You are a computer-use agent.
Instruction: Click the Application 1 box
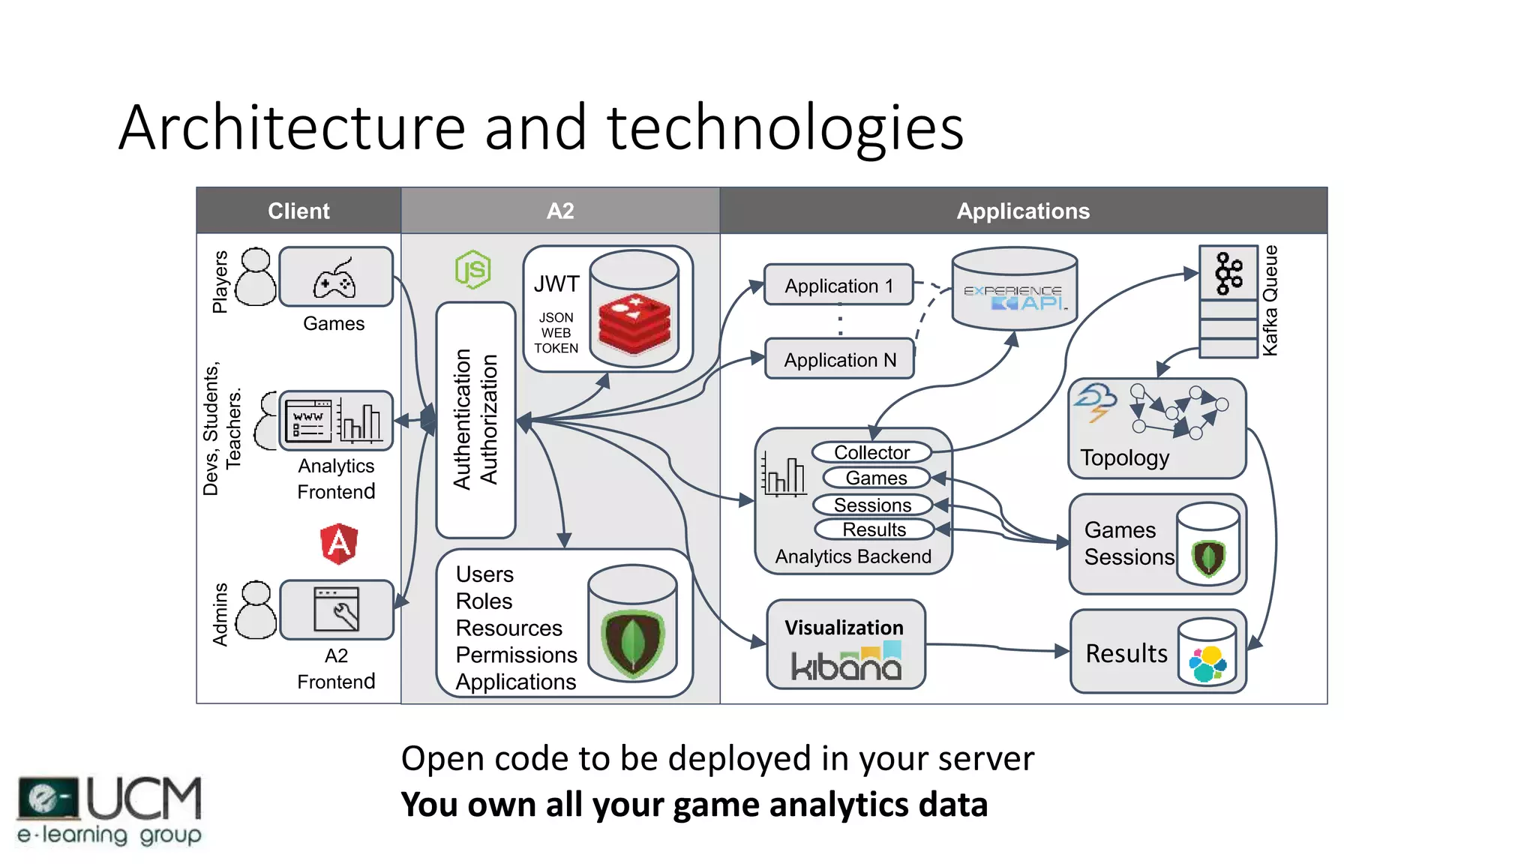coord(838,285)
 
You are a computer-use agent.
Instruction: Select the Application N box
coord(839,359)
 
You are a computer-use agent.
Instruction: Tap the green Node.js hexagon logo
coord(473,270)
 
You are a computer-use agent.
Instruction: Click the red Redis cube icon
coord(634,323)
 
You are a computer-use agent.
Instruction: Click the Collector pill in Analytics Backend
coord(871,452)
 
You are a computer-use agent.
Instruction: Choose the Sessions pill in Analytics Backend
coord(872,505)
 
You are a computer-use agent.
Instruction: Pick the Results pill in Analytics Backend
coord(874,529)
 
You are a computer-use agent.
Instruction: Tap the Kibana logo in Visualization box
coord(846,664)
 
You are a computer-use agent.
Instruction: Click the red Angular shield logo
coord(339,543)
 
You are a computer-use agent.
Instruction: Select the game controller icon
coord(334,280)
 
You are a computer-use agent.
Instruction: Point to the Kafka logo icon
coord(1228,273)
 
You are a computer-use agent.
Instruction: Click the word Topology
coord(1124,457)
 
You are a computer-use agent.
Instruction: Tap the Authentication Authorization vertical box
coord(475,420)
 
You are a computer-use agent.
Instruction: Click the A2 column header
coord(560,211)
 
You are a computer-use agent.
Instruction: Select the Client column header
coord(298,211)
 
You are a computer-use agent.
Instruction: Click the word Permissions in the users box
coord(516,655)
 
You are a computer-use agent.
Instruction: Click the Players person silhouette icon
coord(256,277)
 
